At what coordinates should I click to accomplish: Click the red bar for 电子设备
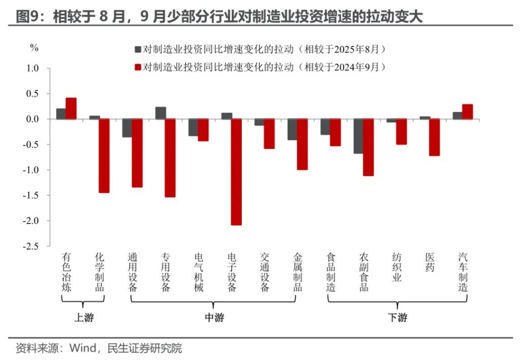(x=236, y=172)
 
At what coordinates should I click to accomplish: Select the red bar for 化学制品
(x=104, y=155)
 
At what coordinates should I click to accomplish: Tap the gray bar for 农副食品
(x=359, y=136)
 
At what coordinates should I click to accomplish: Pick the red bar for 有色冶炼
(x=71, y=108)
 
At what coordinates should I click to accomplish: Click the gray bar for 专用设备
(x=160, y=113)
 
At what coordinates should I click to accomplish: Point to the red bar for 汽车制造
(x=467, y=112)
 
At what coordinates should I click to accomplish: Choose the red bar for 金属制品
(x=302, y=144)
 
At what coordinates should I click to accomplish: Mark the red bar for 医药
(x=434, y=137)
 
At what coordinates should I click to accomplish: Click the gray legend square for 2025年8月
(x=138, y=49)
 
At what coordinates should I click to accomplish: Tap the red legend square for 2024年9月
(x=138, y=67)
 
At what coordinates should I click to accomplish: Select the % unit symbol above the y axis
(x=34, y=48)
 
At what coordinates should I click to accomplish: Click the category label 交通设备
(x=264, y=272)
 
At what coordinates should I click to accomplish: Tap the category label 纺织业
(x=397, y=267)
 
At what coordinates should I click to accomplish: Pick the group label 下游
(x=397, y=318)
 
